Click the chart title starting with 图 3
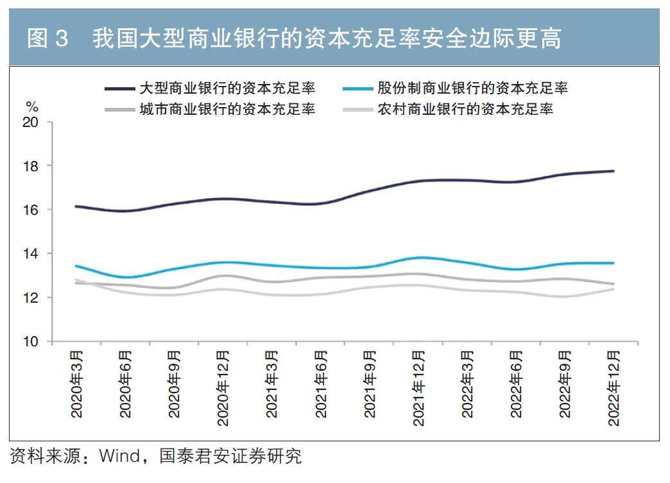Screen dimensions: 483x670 (x=294, y=38)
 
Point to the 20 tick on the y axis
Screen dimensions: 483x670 (x=31, y=123)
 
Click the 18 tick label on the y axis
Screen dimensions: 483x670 (x=31, y=166)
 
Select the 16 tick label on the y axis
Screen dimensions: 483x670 (x=31, y=210)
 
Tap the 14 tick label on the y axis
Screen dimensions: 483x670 (x=31, y=254)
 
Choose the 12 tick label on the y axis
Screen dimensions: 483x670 (x=31, y=298)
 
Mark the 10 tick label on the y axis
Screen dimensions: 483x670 (x=31, y=341)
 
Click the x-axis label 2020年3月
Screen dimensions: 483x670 (x=76, y=384)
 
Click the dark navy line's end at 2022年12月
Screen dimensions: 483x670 (x=614, y=171)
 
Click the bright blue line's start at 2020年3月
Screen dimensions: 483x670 (x=76, y=266)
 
